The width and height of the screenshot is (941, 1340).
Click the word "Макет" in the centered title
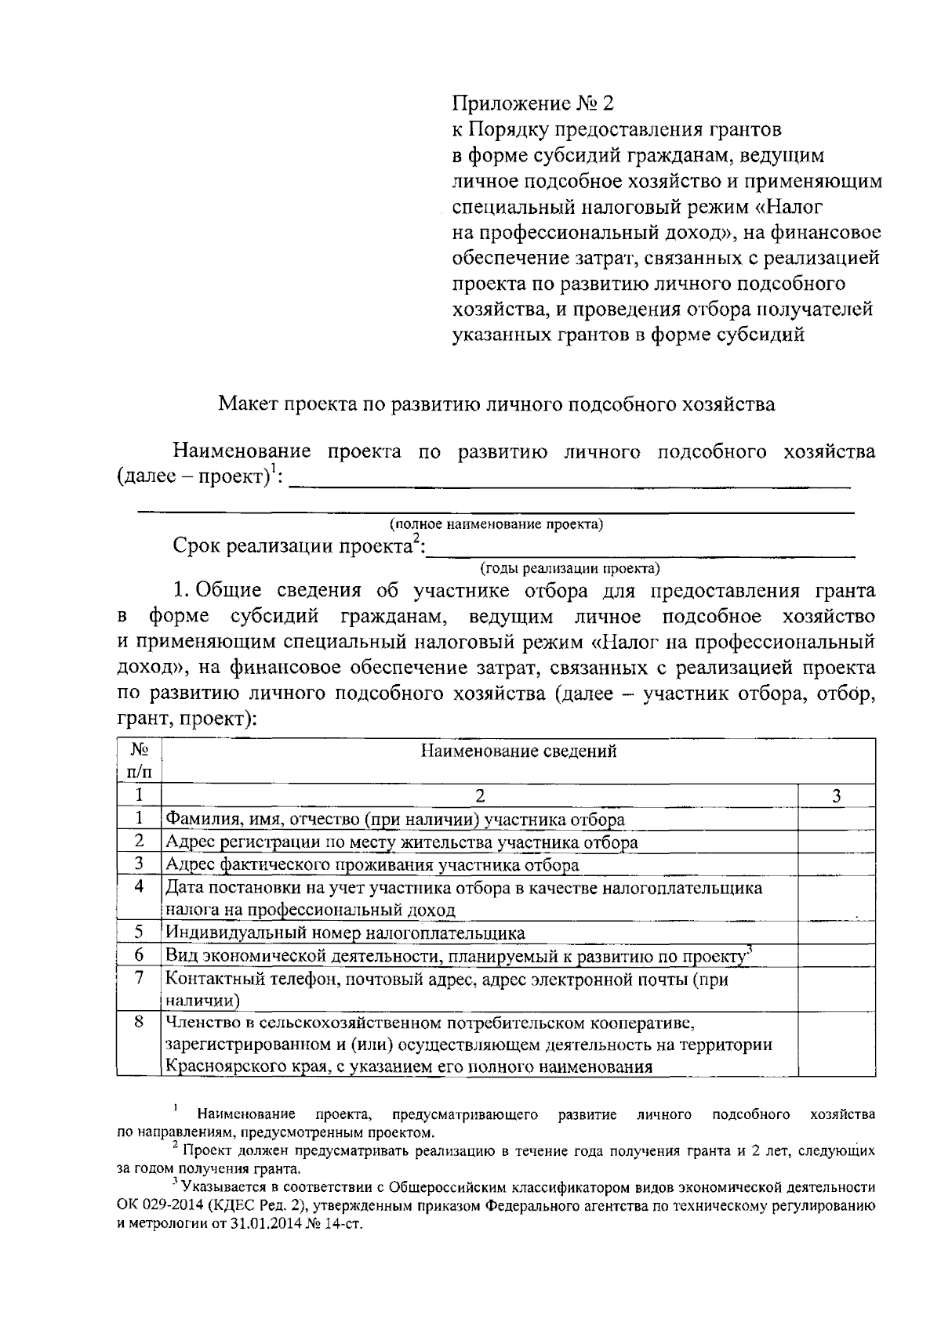click(x=246, y=404)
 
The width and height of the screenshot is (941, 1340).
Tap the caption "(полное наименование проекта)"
click(x=496, y=524)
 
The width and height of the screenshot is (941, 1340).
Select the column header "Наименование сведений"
click(x=518, y=751)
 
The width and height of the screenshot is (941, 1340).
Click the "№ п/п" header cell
click(x=139, y=760)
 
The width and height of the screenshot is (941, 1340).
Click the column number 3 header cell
click(x=836, y=796)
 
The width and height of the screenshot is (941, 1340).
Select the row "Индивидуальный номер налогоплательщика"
click(x=345, y=933)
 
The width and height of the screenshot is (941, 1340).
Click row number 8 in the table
click(x=139, y=1023)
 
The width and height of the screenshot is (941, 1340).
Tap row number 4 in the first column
click(x=139, y=887)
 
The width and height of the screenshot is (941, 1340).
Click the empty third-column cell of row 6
click(x=836, y=955)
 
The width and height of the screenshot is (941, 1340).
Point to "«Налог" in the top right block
click(x=794, y=208)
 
